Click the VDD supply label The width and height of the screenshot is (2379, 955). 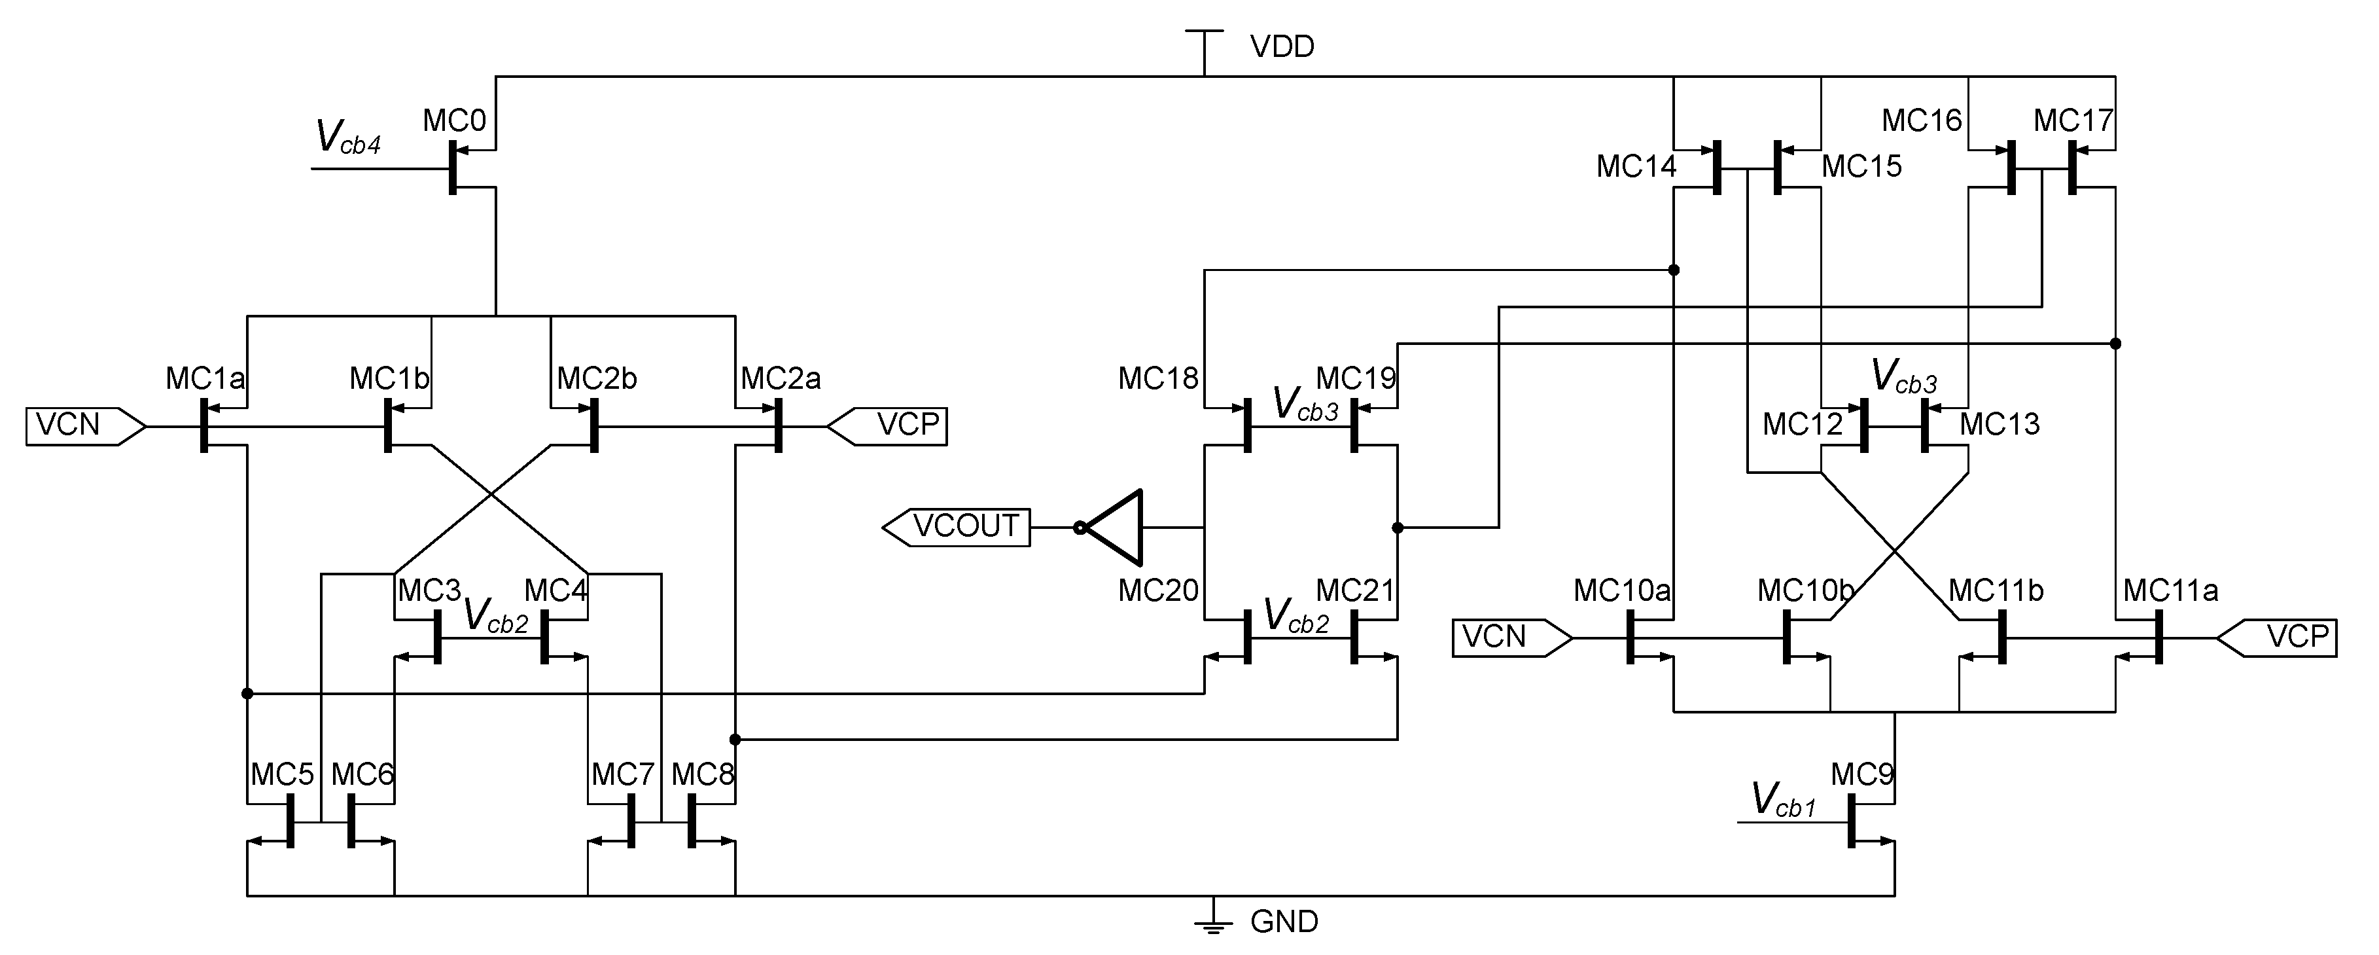click(x=1281, y=46)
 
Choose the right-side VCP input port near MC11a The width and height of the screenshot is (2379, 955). click(x=2280, y=638)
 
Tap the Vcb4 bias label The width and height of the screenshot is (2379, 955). click(x=347, y=137)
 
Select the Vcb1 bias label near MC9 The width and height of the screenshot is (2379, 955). click(x=1782, y=799)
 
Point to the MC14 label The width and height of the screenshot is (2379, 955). click(x=1636, y=167)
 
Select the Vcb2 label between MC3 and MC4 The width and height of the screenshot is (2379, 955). click(x=495, y=615)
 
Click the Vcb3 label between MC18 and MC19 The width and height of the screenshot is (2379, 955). click(x=1304, y=404)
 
